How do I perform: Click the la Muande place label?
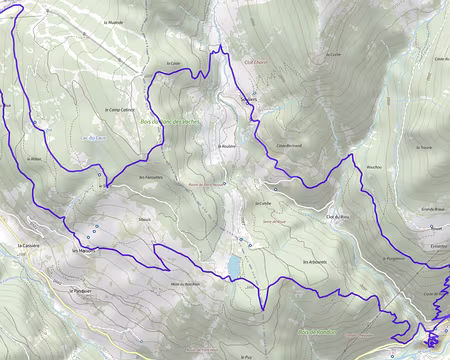pyautogui.click(x=112, y=19)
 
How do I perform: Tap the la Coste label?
pyautogui.click(x=173, y=62)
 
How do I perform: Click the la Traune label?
pyautogui.click(x=424, y=145)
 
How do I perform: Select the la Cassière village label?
pyautogui.click(x=28, y=245)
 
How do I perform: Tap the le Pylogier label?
pyautogui.click(x=80, y=292)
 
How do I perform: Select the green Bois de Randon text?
pyautogui.click(x=318, y=331)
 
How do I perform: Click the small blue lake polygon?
pyautogui.click(x=233, y=264)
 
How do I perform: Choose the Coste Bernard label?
pyautogui.click(x=289, y=146)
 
